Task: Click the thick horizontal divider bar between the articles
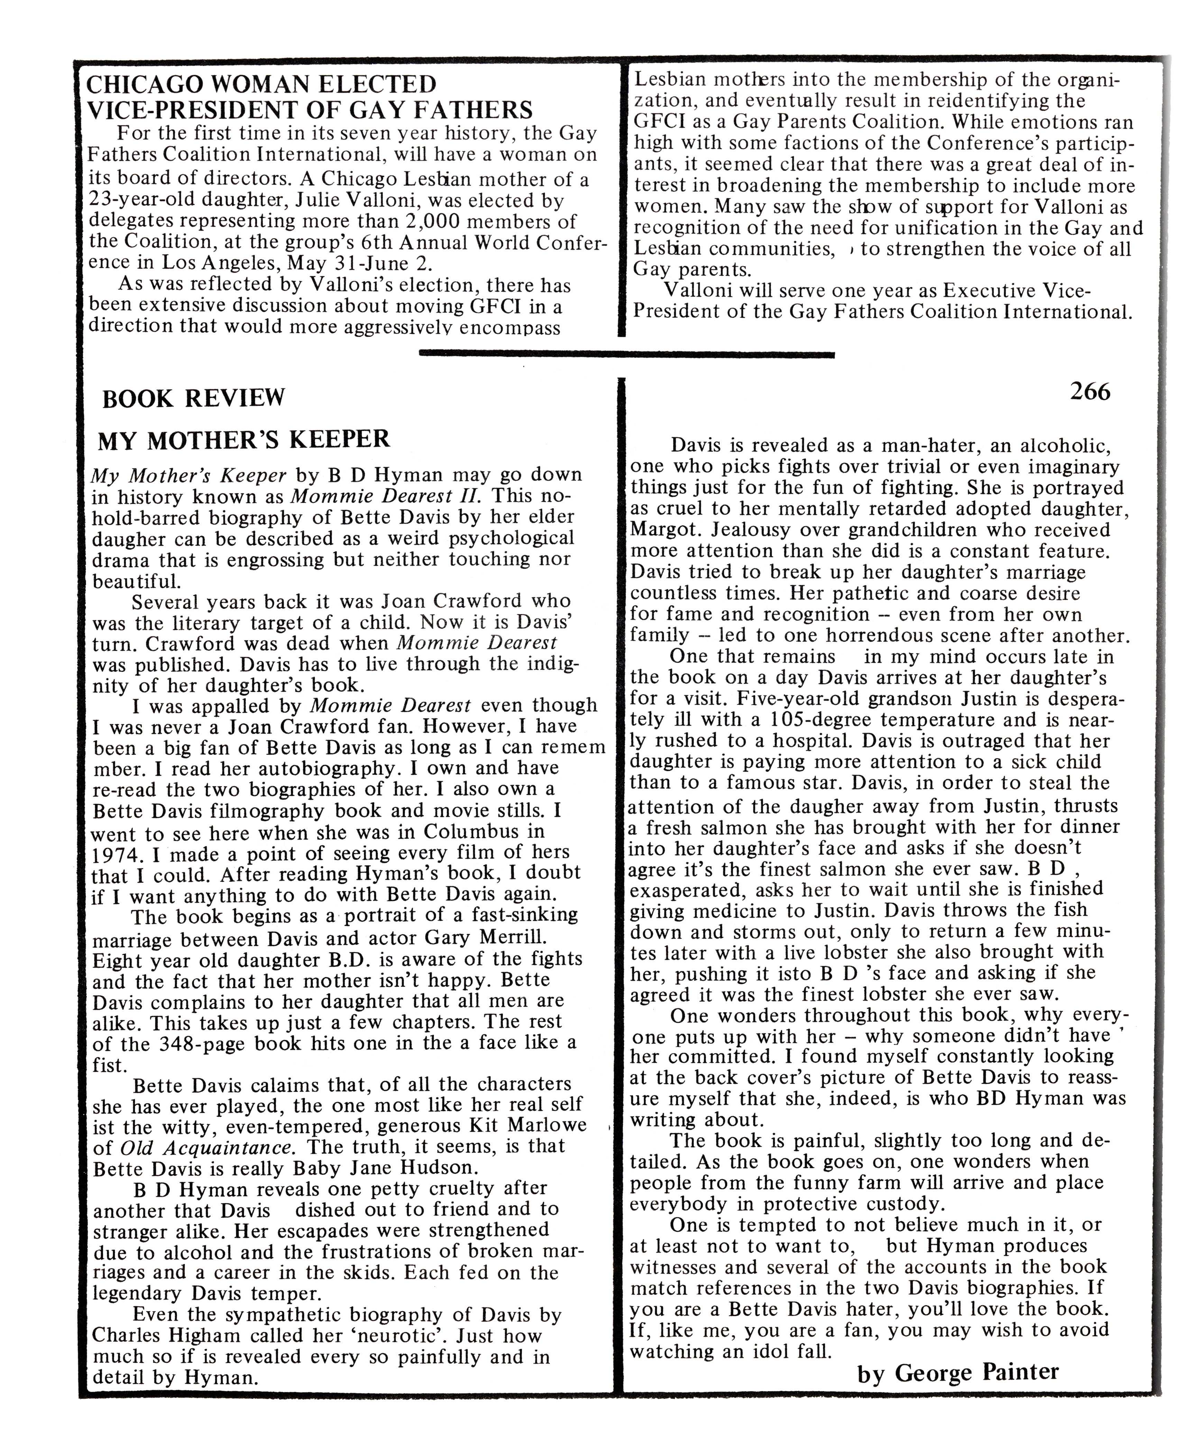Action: tap(626, 354)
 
